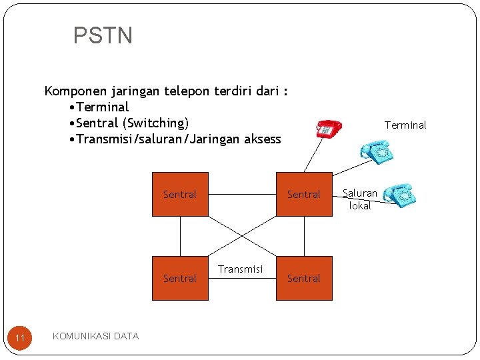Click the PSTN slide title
pos(103,35)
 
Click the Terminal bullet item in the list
pos(102,107)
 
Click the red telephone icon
pos(328,128)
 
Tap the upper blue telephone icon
pos(376,151)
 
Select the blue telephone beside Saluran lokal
pos(400,195)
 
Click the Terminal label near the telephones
pos(405,125)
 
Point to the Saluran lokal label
pos(360,199)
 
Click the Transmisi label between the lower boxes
pos(241,269)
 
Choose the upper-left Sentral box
pos(180,195)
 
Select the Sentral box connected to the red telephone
pos(304,195)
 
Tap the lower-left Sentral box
pos(180,278)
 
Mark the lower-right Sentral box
pos(304,278)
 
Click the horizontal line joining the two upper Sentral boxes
pos(242,195)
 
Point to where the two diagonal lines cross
pos(242,236)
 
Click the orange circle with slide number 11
pos(20,339)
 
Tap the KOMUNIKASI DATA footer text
pos(95,336)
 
